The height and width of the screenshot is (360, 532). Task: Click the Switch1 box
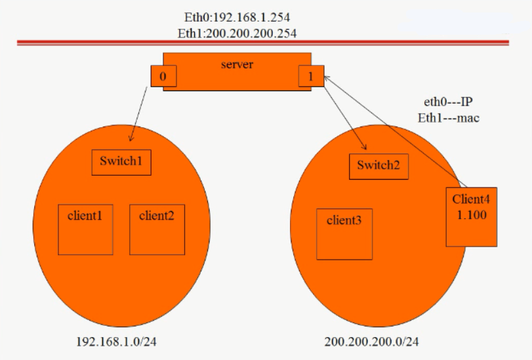coord(121,163)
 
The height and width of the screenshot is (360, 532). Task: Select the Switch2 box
coord(379,167)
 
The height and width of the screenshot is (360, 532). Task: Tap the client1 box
coord(85,230)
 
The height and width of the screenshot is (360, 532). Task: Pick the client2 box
coord(157,230)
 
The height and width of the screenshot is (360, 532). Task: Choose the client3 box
coord(344,234)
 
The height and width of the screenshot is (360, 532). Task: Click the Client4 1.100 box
coord(472,217)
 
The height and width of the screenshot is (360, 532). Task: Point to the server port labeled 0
coord(163,76)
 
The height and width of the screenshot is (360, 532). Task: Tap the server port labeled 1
coord(311,76)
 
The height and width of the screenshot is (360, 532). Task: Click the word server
coord(237,64)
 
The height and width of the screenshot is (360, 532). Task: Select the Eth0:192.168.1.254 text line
coord(237,17)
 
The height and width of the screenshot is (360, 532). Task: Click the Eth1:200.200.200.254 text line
coord(237,33)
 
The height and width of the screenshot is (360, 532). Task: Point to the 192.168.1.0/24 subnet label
coord(116,342)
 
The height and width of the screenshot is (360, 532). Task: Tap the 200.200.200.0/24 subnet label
coord(371,342)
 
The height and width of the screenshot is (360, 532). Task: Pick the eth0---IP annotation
coord(448,102)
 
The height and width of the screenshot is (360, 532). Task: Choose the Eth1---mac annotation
coord(448,118)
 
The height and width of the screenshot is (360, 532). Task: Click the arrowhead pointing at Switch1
coord(131,138)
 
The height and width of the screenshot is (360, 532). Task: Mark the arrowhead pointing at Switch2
coord(364,147)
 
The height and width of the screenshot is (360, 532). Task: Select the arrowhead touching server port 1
coord(327,79)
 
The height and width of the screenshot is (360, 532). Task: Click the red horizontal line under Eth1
coord(263,43)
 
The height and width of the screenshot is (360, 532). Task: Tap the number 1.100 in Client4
coord(472,215)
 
